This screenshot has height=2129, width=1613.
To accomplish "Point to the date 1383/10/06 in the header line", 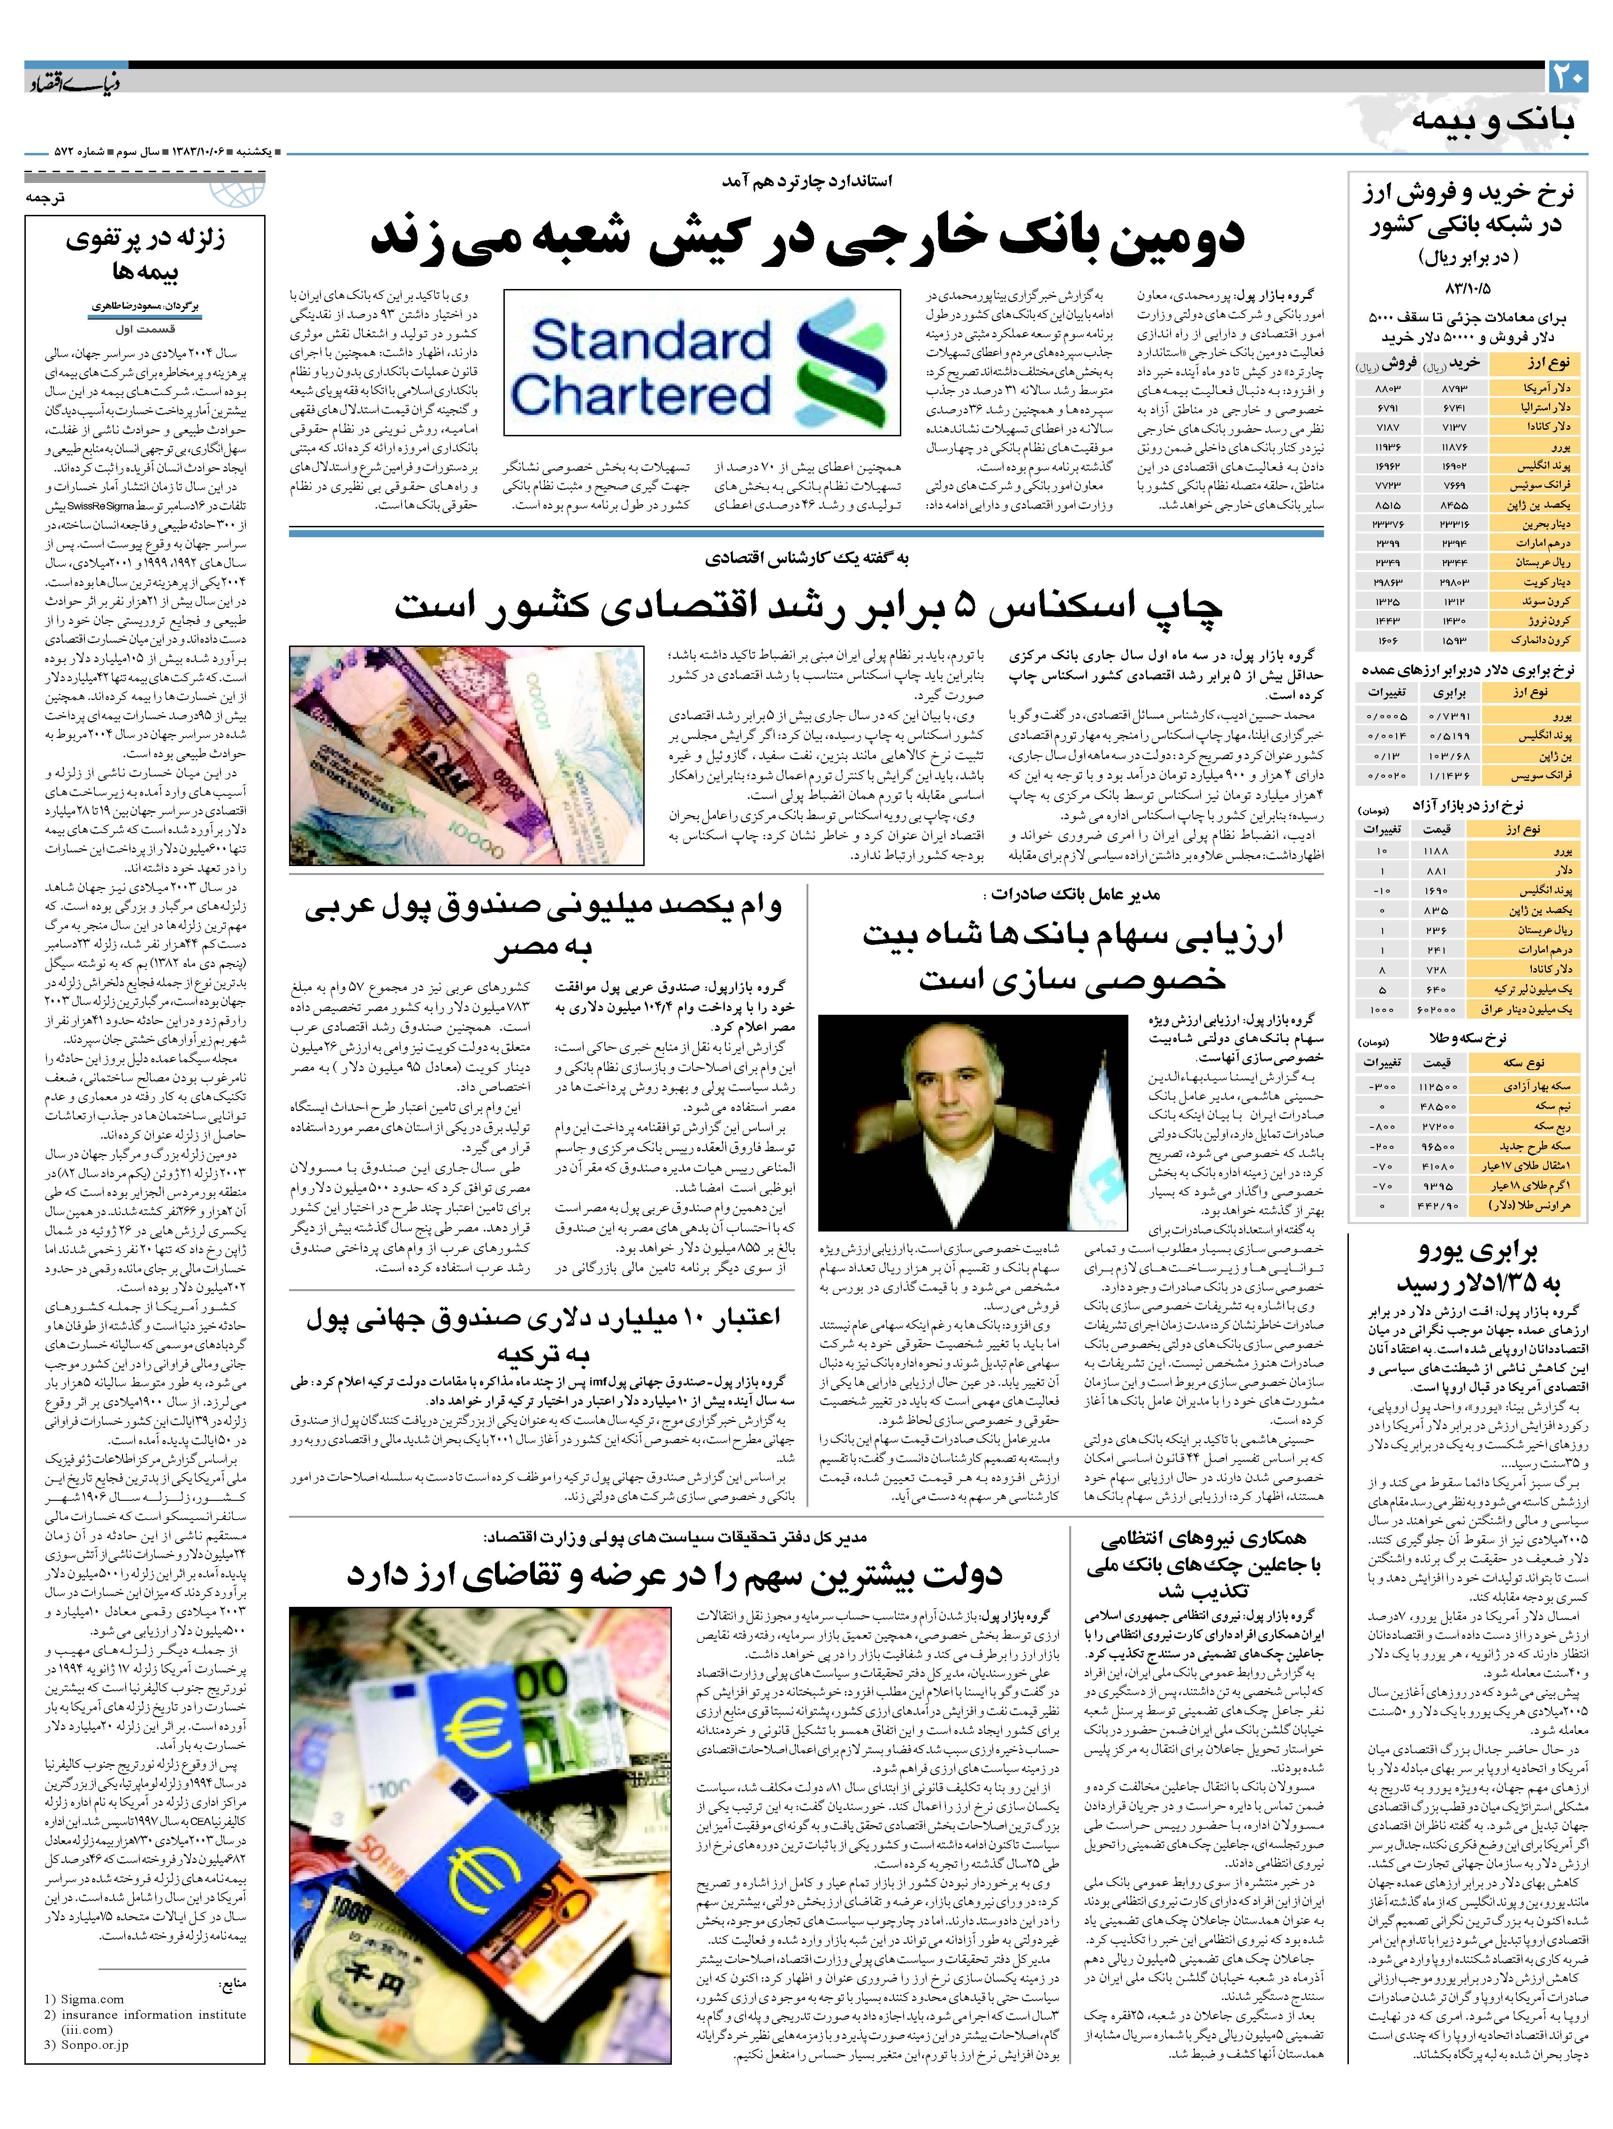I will (204, 153).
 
